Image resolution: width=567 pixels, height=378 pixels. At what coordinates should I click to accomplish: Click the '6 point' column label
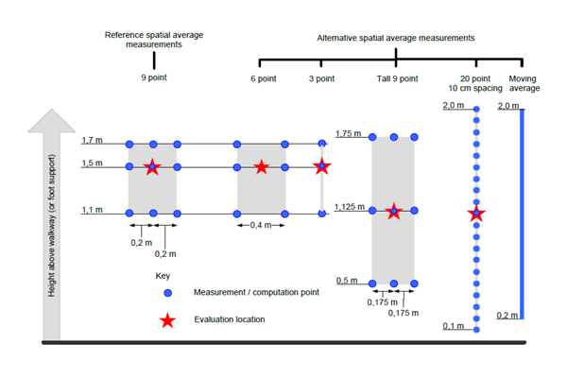264,78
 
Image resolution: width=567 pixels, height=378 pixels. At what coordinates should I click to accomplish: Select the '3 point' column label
321,78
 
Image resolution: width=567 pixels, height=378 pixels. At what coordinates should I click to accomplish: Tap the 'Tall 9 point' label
397,78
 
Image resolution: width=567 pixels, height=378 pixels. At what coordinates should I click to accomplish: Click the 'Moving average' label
524,83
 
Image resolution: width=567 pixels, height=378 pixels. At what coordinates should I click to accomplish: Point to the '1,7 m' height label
92,140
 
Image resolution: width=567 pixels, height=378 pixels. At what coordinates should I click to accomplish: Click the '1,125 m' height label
350,207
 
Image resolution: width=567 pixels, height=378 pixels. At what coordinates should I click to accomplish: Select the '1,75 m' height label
348,133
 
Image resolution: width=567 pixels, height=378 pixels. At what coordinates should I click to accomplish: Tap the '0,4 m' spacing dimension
261,225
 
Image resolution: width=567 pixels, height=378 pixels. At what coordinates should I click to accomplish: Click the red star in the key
167,320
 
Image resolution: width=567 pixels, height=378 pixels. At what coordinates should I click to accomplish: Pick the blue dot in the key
167,293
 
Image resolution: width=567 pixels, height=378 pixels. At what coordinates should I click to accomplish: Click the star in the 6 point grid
261,167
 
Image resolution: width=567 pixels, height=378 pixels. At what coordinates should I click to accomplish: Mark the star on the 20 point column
476,214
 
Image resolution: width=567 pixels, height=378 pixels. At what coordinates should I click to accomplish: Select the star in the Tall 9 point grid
393,211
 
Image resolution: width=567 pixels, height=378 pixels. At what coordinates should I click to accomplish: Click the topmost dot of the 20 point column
476,109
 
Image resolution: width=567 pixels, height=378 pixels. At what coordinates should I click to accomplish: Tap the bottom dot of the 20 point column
476,330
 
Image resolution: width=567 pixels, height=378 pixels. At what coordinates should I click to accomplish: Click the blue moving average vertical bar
522,214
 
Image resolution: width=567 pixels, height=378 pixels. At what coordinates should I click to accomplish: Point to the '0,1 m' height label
453,326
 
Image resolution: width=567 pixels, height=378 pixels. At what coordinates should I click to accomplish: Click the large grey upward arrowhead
52,121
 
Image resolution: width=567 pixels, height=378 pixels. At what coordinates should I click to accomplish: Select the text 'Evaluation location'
230,319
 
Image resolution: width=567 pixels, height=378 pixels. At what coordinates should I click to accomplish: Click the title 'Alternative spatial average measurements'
396,38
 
